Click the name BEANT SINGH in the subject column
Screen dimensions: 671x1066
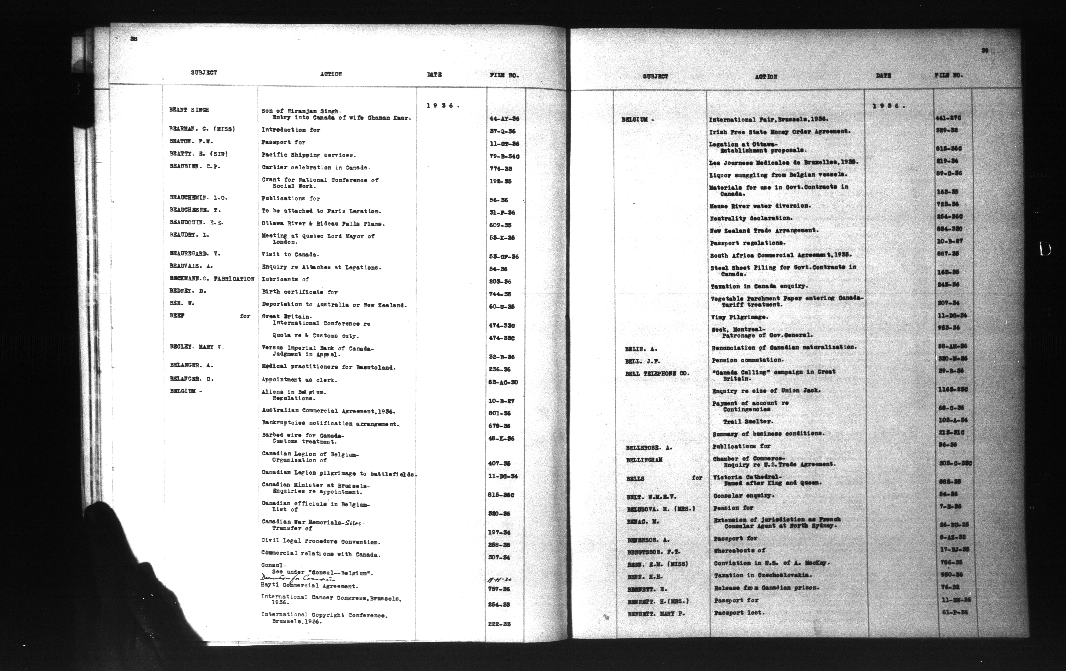point(189,110)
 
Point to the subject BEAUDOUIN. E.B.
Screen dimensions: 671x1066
point(196,223)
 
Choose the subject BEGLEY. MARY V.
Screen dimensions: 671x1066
point(197,347)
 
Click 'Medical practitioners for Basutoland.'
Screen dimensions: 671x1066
point(328,367)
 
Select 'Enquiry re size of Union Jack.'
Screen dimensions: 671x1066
point(766,391)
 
